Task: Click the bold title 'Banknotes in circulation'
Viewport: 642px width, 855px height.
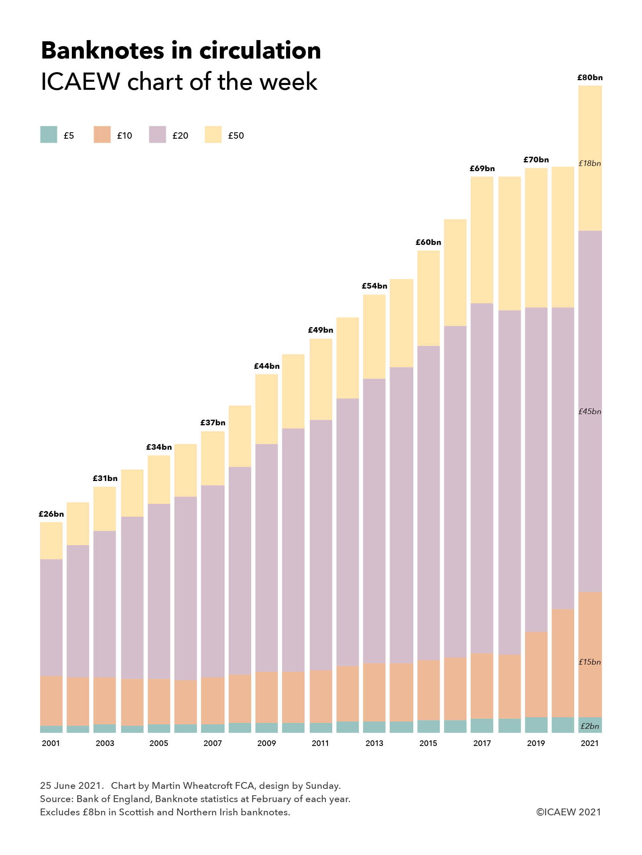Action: (x=181, y=51)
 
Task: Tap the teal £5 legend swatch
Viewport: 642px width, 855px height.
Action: (x=49, y=135)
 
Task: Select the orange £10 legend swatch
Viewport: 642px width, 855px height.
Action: (x=102, y=135)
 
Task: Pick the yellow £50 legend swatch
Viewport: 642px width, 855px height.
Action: (x=213, y=135)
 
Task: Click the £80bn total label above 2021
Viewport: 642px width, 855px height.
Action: (x=589, y=78)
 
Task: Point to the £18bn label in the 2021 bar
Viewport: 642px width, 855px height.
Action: (x=589, y=164)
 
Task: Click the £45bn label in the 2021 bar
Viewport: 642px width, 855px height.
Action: (x=589, y=411)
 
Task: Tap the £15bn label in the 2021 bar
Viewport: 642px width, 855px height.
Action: (x=589, y=662)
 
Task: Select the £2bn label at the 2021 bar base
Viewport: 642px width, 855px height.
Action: (x=589, y=726)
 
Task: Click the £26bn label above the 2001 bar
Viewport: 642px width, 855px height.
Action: (x=51, y=514)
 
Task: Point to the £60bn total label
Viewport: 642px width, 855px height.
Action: (x=428, y=243)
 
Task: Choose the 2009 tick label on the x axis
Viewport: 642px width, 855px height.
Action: (x=266, y=743)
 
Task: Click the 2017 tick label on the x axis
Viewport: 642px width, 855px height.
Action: (x=482, y=743)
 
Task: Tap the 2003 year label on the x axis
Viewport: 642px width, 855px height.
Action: (x=105, y=743)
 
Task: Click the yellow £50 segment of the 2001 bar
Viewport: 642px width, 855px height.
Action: (x=51, y=541)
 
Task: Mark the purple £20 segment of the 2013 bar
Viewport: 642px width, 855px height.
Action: (x=374, y=521)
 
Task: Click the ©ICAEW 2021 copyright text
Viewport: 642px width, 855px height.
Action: (x=569, y=812)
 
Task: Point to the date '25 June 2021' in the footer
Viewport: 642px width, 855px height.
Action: (x=70, y=786)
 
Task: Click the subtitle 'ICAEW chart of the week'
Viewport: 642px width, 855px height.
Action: (x=179, y=82)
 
